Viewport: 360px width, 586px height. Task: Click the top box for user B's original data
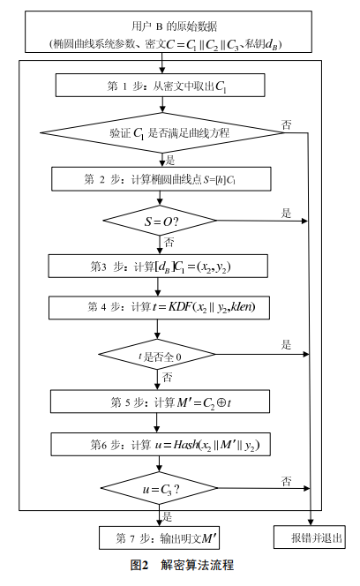(169, 32)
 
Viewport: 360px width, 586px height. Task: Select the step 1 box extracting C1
(160, 86)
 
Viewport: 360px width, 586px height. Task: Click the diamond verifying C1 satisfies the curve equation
(162, 132)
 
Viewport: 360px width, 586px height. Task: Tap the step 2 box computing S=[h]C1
(161, 179)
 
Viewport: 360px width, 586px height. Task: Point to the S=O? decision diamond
(160, 221)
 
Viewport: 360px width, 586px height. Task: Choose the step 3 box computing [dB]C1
(158, 267)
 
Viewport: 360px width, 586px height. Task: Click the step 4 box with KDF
(159, 308)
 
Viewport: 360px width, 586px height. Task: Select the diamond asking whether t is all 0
(157, 354)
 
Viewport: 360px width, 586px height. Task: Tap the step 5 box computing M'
(160, 402)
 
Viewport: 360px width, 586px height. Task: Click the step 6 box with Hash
(161, 445)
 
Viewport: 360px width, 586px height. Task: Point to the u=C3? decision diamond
(159, 488)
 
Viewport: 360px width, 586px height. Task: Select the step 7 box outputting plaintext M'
(159, 537)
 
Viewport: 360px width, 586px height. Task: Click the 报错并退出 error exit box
(310, 537)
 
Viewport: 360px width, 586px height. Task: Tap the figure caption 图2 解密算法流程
(182, 565)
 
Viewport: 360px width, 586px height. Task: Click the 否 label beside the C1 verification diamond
(287, 124)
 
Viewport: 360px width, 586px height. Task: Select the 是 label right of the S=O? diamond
(287, 213)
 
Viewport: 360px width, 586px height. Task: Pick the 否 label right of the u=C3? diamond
(287, 481)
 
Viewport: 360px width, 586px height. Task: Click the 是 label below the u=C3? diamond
(167, 517)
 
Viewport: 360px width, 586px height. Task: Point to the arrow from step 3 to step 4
(158, 287)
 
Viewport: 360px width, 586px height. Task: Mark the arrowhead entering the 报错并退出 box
(311, 522)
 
